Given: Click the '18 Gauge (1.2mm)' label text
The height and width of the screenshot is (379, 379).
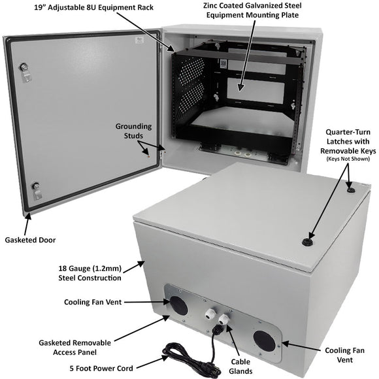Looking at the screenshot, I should pos(92,268).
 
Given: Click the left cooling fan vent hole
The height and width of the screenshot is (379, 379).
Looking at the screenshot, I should pos(178,305).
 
